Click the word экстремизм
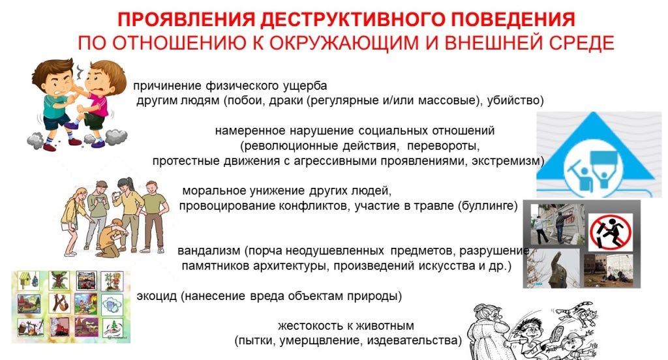pyautogui.click(x=507, y=161)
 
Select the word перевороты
pyautogui.click(x=443, y=146)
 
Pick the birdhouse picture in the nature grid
pyautogui.click(x=29, y=282)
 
